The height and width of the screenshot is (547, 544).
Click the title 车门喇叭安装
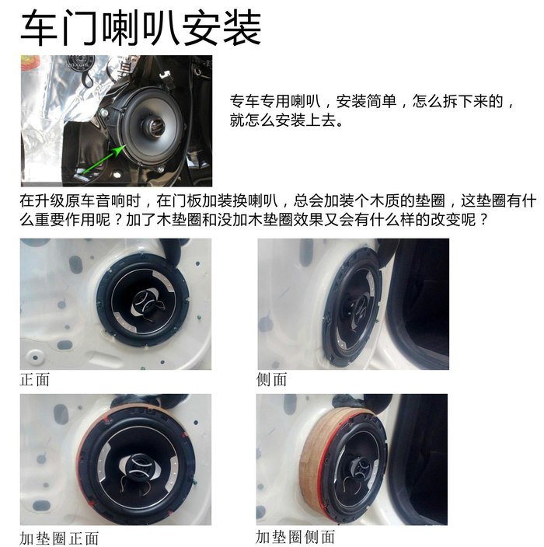pos(141,28)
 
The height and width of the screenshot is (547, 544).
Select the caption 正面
pos(34,379)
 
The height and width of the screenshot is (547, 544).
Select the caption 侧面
pos(271,379)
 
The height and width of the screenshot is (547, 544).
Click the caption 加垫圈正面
pos(59,538)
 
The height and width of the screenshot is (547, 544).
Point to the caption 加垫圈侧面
pos(295,537)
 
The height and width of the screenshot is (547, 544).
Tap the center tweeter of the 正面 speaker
pos(145,301)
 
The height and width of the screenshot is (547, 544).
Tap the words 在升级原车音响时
pos(80,200)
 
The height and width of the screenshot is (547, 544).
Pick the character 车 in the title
pos(39,28)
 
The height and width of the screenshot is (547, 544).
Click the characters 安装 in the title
pos(221,28)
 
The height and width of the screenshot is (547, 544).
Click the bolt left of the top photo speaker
pos(103,113)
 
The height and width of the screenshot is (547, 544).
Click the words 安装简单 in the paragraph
pos(366,101)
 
